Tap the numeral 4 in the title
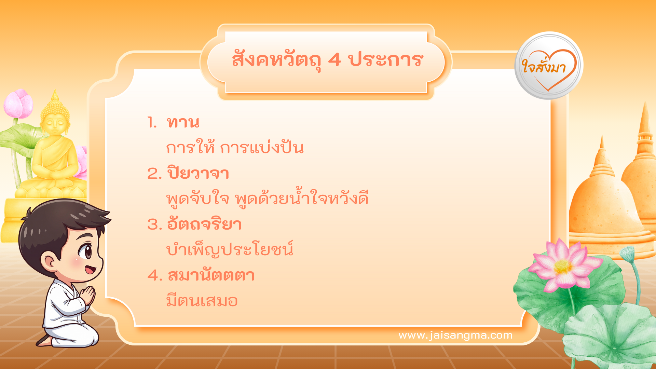(x=334, y=60)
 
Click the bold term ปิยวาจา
(x=198, y=174)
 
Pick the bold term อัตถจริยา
(x=204, y=224)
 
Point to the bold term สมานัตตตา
(x=211, y=275)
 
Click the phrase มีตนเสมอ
(x=202, y=301)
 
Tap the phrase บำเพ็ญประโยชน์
(x=230, y=250)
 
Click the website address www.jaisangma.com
(x=455, y=336)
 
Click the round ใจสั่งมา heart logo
(x=549, y=66)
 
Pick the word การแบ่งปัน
(x=262, y=148)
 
